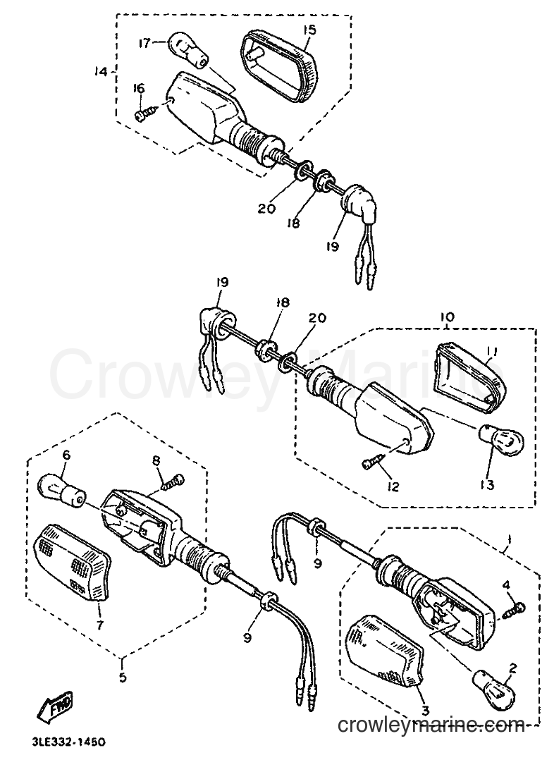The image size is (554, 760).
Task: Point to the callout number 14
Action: pos(101,72)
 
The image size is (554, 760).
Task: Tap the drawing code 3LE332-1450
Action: pos(64,742)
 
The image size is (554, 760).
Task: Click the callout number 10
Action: pos(448,317)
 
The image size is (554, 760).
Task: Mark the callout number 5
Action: pos(122,676)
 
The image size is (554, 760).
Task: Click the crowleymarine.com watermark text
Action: pos(431,725)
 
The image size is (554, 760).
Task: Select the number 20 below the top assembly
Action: pos(266,209)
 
